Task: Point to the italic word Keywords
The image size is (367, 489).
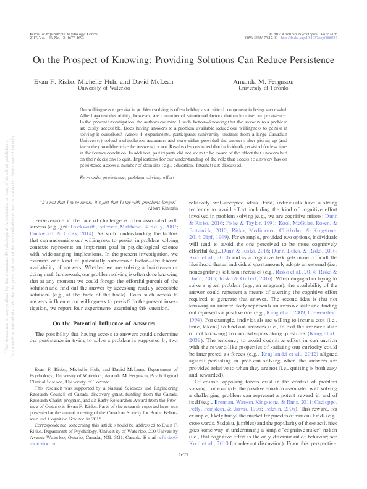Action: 91,177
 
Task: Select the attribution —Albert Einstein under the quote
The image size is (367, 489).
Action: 159,209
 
